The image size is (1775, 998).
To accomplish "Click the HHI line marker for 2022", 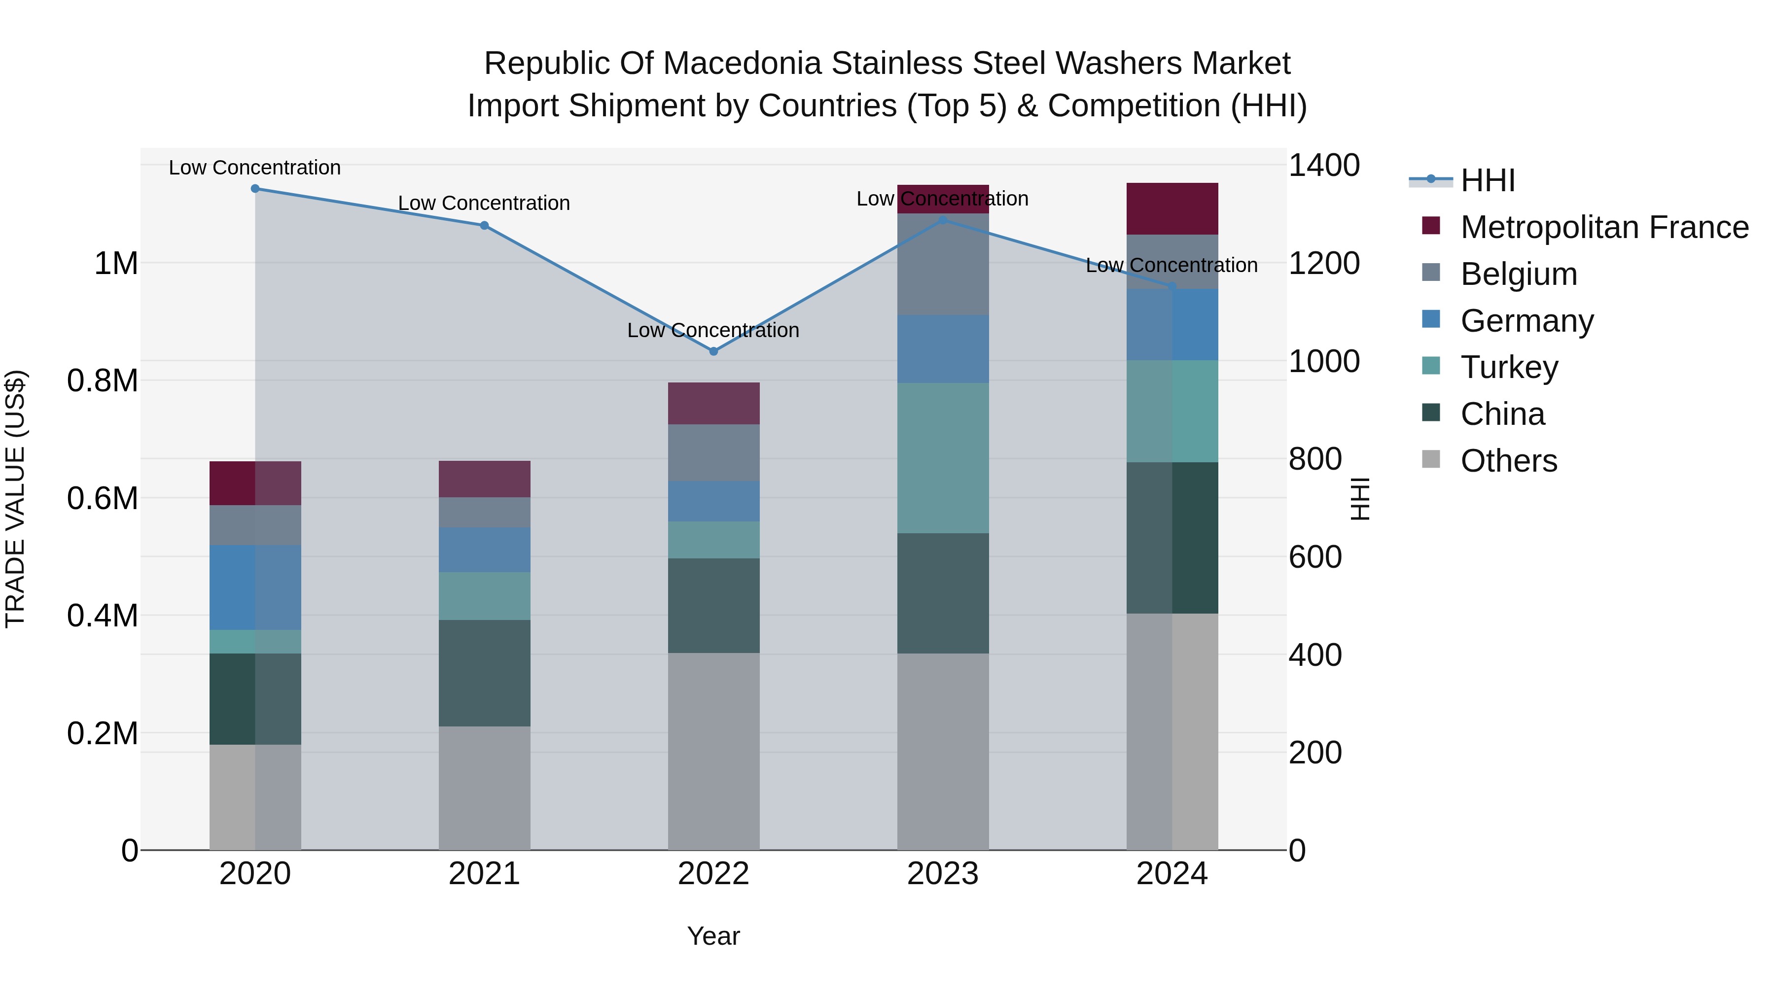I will [x=713, y=351].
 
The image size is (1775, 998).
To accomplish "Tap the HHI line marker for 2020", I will [x=255, y=188].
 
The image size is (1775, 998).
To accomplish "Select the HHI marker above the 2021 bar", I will [x=484, y=225].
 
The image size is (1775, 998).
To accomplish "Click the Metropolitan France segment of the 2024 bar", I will [x=1171, y=208].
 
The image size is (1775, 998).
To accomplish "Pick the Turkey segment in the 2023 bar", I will [x=943, y=458].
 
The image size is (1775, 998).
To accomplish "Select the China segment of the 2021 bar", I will [x=484, y=673].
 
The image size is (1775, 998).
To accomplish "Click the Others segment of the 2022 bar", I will [x=713, y=751].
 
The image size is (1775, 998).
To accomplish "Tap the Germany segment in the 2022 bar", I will [x=713, y=501].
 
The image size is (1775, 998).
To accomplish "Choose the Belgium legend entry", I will [x=1519, y=274].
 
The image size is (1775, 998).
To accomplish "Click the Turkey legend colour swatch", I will [x=1430, y=365].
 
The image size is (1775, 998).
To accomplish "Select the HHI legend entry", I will [x=1487, y=180].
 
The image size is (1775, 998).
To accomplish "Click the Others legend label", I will [x=1508, y=461].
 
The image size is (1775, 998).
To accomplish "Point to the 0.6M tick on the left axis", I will [x=103, y=498].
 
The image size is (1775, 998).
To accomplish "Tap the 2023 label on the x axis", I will [x=943, y=874].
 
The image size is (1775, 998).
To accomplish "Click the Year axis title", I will [x=713, y=936].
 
